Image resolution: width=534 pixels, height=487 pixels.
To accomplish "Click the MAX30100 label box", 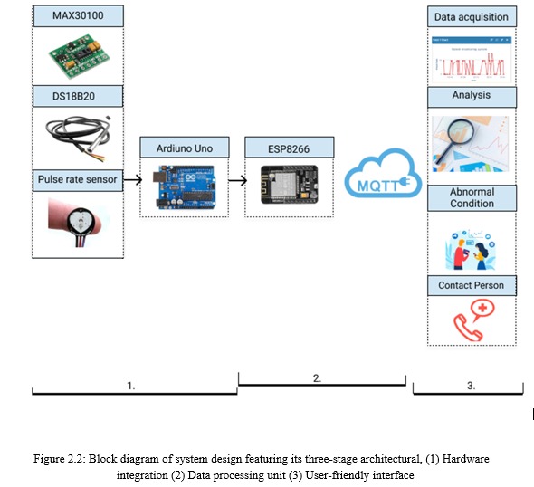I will pos(77,16).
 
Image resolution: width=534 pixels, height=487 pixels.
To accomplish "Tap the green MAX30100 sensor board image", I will pos(77,56).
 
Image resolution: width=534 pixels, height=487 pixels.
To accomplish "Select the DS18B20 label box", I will pos(77,94).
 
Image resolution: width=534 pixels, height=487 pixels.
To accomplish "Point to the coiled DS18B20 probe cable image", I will pos(76,136).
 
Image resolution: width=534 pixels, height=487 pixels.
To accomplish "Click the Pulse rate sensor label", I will pos(77,179).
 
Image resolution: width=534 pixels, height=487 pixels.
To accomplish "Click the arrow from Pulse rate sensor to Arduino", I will pos(132,180).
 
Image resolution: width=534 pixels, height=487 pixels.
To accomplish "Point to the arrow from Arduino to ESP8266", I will pos(237,180).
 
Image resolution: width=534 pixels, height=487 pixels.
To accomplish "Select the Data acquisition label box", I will pos(471,16).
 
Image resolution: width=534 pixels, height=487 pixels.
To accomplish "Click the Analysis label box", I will pos(471,95).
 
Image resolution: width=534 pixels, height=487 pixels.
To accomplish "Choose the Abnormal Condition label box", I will pos(472,197).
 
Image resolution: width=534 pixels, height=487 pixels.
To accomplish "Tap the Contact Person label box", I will pos(471,285).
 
